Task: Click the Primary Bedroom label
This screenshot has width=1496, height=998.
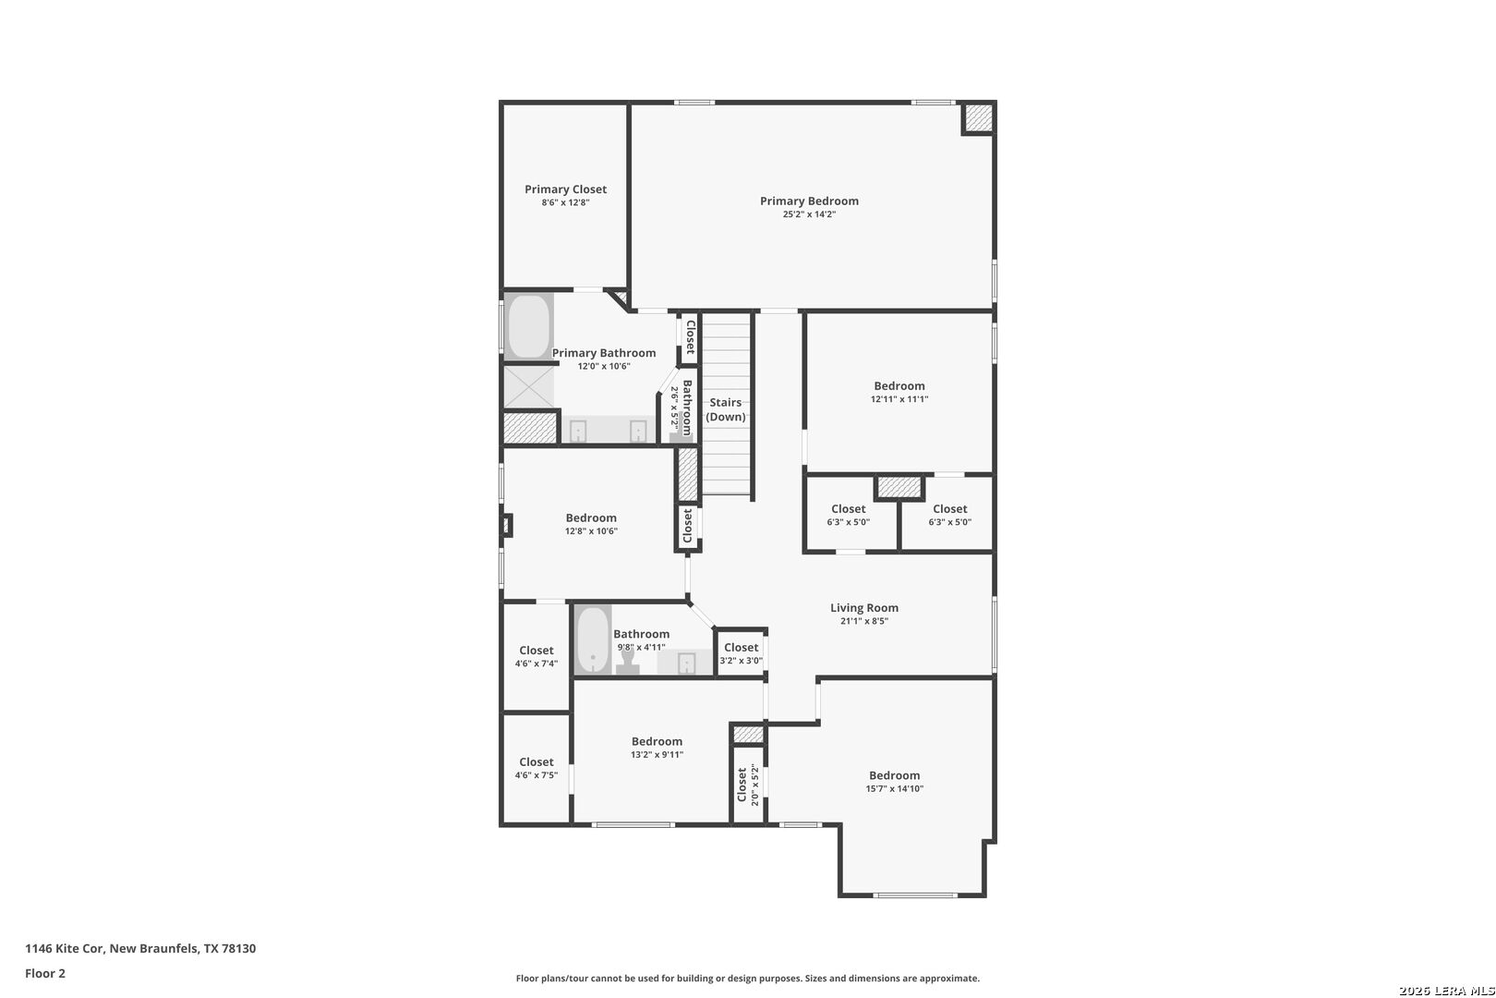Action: (809, 201)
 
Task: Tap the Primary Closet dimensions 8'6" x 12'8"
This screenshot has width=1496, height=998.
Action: (565, 202)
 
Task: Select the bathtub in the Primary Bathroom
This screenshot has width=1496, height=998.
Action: (529, 326)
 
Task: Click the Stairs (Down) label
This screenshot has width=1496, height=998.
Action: (725, 409)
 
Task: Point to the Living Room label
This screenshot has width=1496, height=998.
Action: (864, 608)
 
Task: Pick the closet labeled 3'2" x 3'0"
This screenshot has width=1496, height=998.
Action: (741, 653)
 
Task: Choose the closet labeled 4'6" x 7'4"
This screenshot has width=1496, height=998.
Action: (536, 656)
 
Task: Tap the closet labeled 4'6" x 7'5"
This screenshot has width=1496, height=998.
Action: (536, 769)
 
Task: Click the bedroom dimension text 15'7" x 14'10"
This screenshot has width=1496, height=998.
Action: (894, 789)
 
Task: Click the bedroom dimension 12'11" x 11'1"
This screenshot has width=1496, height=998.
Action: (899, 399)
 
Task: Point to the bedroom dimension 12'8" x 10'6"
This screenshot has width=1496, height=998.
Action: (591, 531)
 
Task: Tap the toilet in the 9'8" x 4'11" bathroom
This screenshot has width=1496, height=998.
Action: (627, 661)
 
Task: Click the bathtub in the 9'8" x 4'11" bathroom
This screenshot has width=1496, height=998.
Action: (593, 639)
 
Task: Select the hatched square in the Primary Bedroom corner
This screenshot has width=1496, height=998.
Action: (979, 118)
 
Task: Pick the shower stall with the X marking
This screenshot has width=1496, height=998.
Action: (529, 386)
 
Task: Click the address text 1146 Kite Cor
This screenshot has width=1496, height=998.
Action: (65, 948)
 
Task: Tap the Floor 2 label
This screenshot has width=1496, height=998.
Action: (45, 973)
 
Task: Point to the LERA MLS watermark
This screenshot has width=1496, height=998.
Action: (1446, 991)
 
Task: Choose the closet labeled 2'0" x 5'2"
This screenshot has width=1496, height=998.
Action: (748, 785)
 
